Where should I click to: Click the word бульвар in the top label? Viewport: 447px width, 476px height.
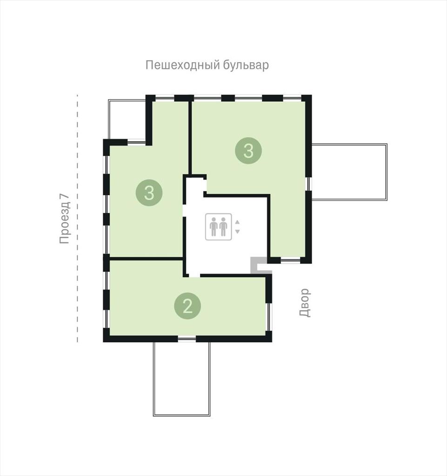click(x=246, y=65)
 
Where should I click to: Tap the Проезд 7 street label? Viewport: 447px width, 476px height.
click(x=65, y=218)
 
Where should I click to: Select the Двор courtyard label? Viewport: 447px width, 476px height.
click(x=305, y=302)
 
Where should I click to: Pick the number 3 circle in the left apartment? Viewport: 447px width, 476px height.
click(x=149, y=192)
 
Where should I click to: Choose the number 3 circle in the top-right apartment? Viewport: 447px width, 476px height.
click(x=248, y=151)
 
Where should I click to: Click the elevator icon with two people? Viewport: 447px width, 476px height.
click(x=219, y=227)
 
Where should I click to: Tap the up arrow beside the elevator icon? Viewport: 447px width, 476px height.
click(x=238, y=222)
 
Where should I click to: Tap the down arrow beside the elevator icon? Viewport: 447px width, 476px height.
click(x=238, y=231)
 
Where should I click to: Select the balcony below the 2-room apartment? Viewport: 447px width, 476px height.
click(x=181, y=379)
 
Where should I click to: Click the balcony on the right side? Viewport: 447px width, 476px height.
click(x=349, y=172)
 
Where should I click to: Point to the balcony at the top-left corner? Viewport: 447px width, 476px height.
click(x=127, y=119)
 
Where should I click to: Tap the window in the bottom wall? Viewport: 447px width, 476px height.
click(x=187, y=339)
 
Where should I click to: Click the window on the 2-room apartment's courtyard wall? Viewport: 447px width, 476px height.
click(x=269, y=317)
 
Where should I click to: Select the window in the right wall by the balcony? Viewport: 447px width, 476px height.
click(x=308, y=184)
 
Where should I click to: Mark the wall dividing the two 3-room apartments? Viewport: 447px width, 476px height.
click(x=190, y=138)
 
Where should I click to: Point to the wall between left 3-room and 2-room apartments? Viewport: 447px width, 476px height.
click(x=146, y=258)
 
